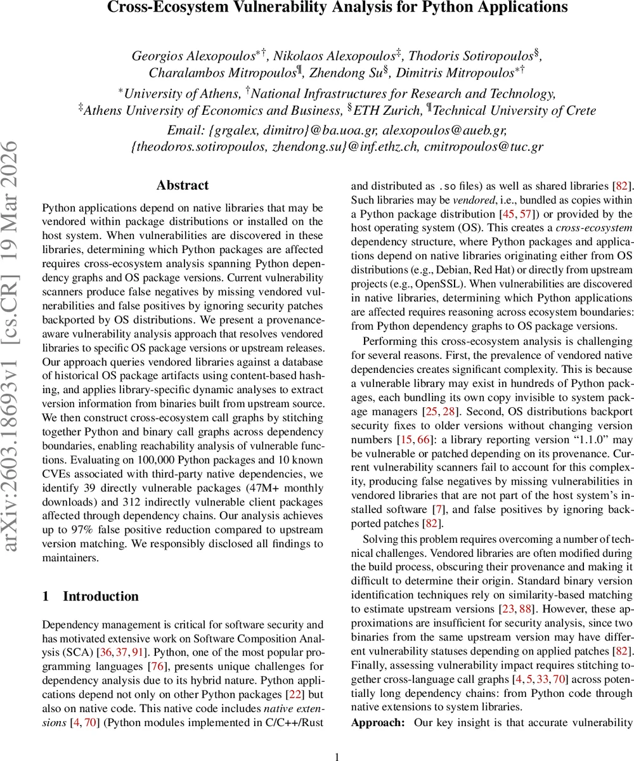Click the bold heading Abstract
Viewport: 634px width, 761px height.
183,185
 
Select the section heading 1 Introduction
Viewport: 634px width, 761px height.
91,596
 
